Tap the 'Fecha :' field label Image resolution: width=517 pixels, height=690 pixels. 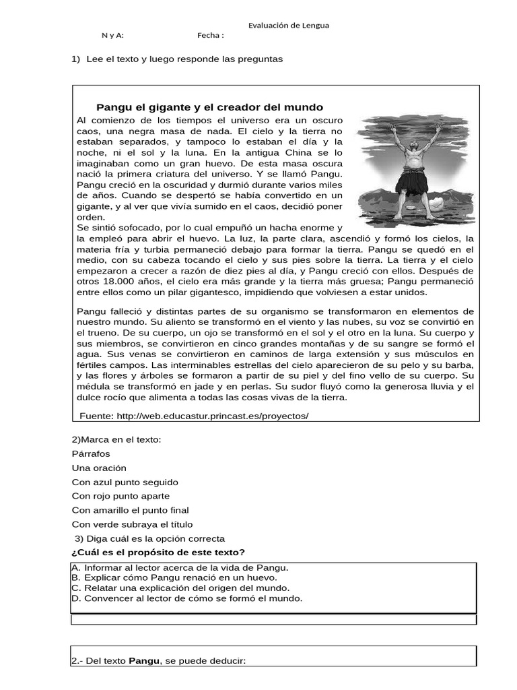point(211,36)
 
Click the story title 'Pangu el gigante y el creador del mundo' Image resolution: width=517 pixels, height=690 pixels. point(210,107)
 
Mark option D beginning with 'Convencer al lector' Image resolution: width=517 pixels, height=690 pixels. point(186,598)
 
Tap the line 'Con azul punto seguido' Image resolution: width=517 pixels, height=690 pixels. point(125,482)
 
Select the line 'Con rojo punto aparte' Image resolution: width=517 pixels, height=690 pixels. point(120,496)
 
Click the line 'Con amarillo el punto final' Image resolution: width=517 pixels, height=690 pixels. point(131,510)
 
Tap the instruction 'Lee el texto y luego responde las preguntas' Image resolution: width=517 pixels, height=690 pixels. point(184,59)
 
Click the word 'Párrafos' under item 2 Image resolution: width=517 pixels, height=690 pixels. point(91,453)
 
